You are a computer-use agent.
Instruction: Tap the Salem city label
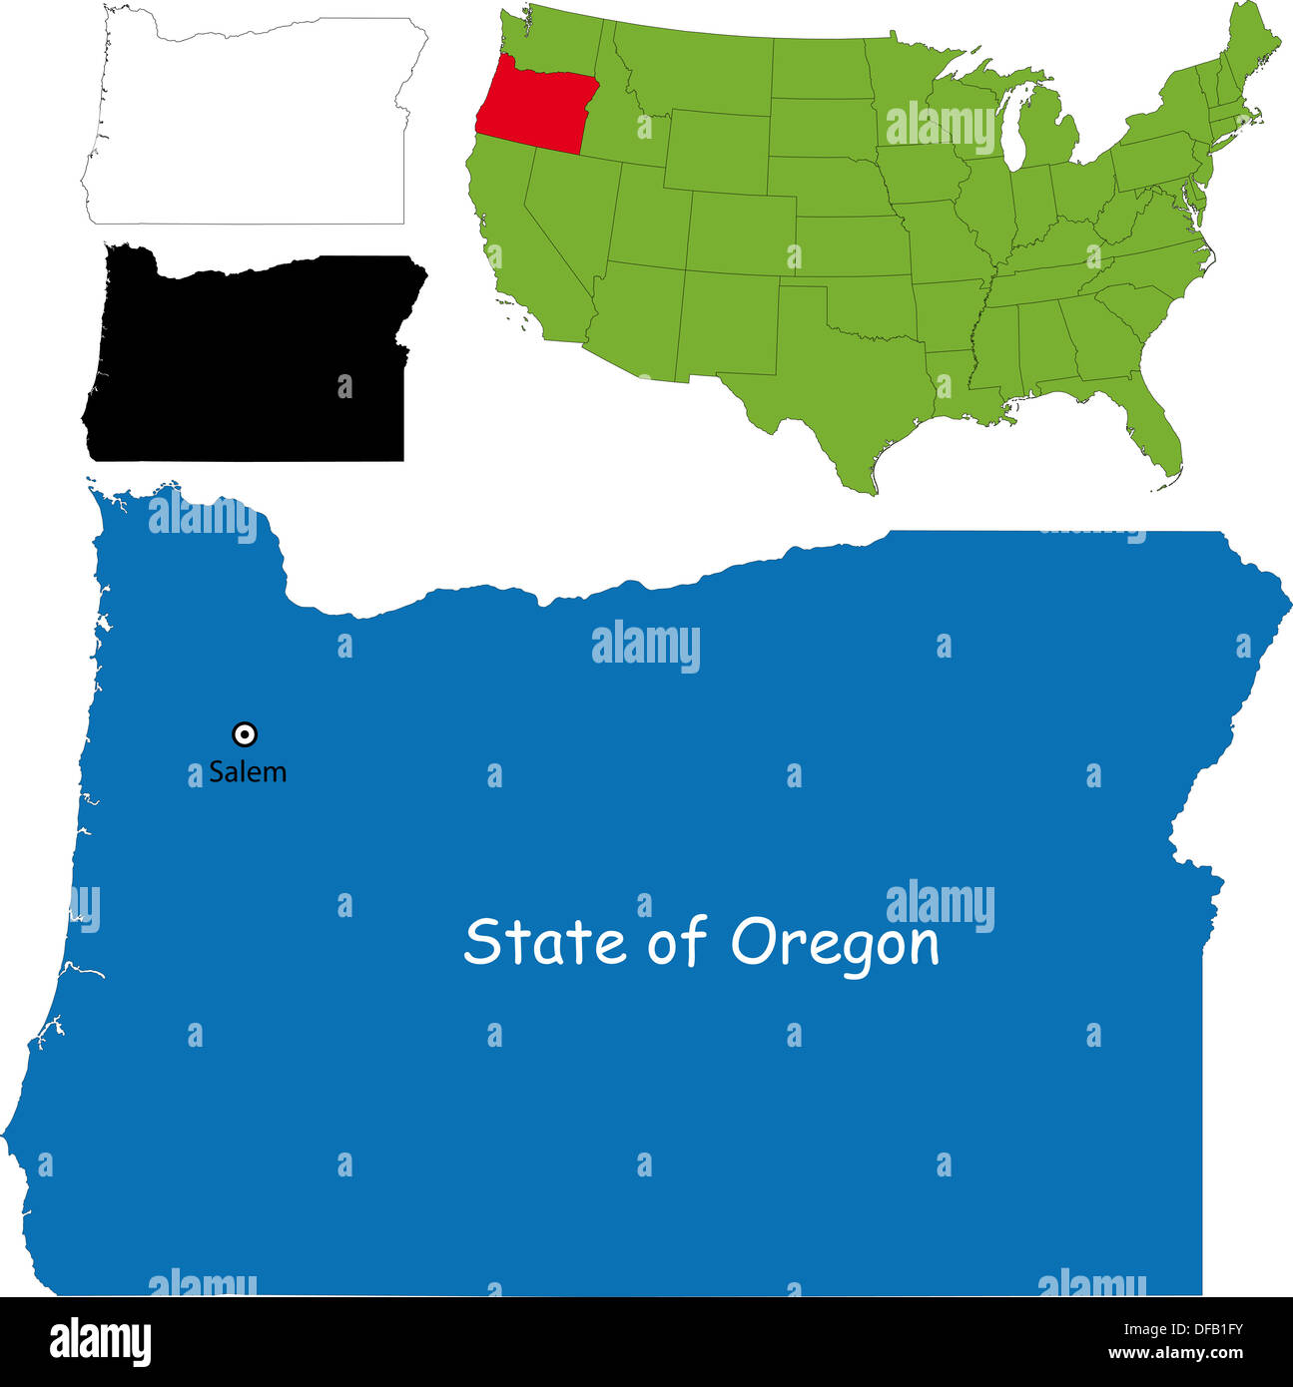[x=248, y=771]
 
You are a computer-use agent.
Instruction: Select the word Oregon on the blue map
[x=835, y=943]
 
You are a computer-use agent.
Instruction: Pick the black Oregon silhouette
[x=250, y=359]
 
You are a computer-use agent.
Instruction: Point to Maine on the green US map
[x=1254, y=50]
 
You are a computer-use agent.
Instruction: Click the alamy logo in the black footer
[x=100, y=1341]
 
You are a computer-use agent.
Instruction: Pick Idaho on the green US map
[x=624, y=120]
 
